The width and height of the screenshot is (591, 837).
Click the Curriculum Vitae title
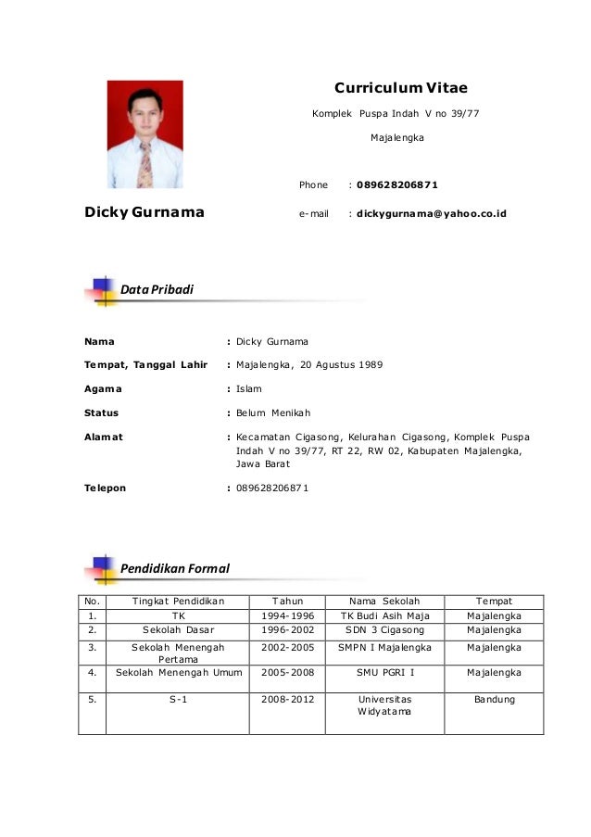400,89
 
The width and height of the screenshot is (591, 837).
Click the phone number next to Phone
397,185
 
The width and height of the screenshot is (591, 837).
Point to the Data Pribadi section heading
157,290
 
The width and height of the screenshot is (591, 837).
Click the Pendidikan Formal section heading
174,567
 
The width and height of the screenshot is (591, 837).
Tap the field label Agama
103,389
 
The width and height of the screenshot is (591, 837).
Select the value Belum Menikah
274,412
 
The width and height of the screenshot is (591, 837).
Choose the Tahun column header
286,602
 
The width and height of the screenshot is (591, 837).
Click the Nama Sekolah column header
384,602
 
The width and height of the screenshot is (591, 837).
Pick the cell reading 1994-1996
286,616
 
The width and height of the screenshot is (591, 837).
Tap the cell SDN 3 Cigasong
384,630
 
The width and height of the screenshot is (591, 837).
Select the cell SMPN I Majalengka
384,647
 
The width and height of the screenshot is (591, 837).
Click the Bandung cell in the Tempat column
494,700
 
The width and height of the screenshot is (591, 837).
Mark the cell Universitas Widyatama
384,706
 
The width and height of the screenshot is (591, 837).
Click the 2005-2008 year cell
286,673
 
